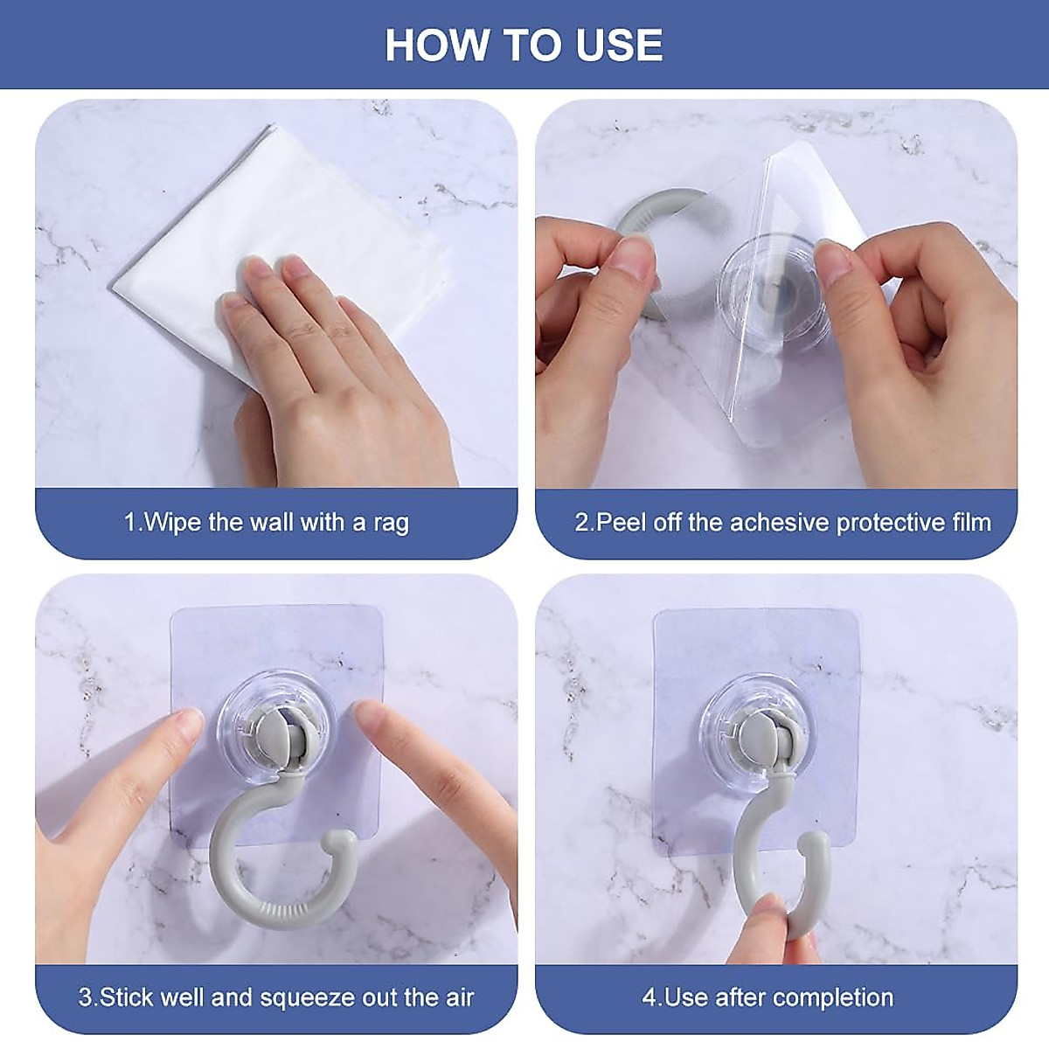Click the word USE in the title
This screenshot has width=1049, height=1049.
[x=619, y=45]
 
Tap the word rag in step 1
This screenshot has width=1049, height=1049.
[x=391, y=524]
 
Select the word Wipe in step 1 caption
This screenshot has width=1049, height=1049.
[x=172, y=523]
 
